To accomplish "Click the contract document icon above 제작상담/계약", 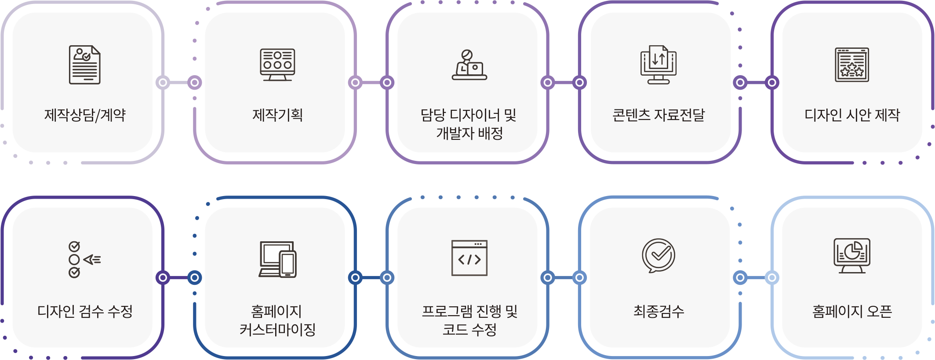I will click(84, 65).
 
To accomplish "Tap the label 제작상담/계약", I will click(85, 115).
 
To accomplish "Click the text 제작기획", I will click(277, 115).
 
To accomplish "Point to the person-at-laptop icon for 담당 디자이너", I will click(469, 65).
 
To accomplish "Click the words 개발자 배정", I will click(469, 133).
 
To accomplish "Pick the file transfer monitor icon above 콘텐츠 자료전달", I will click(658, 65).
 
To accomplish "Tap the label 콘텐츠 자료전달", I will click(659, 115).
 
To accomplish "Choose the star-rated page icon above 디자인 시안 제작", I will click(851, 65).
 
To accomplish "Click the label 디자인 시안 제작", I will click(852, 115).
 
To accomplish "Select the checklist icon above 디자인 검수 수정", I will click(84, 259).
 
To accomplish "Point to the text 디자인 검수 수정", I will click(85, 311).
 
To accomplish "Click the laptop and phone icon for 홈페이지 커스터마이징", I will click(277, 259).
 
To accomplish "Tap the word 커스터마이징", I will click(277, 329).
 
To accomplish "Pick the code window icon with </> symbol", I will click(469, 258).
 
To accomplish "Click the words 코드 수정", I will click(469, 329).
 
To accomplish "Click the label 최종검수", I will click(659, 311).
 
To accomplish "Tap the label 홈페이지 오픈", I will click(852, 311).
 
